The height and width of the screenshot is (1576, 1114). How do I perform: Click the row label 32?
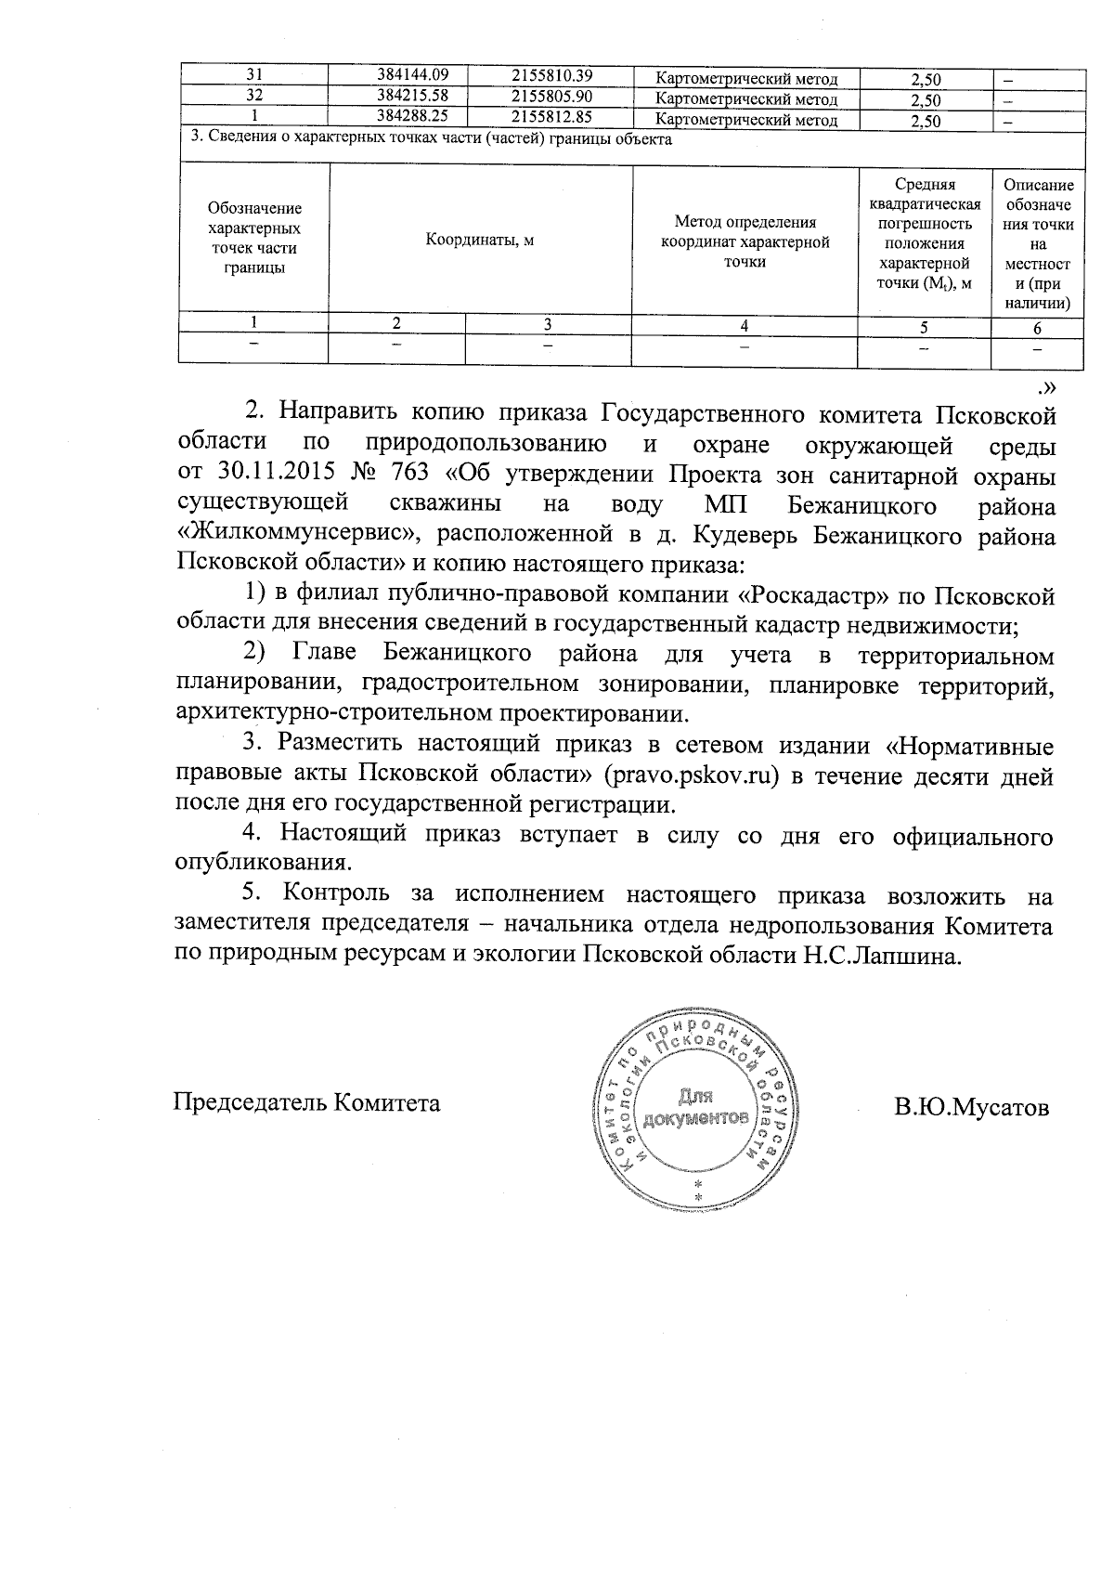point(253,98)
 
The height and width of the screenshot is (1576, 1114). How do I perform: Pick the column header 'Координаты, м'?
point(480,240)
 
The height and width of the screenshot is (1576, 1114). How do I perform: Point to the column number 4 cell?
point(744,325)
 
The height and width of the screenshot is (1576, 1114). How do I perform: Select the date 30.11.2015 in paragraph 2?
point(276,474)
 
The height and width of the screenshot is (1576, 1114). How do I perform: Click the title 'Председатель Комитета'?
point(306,1102)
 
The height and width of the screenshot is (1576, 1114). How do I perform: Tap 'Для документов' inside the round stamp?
point(695,1106)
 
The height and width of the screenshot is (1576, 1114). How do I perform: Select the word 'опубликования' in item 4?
point(263,862)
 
